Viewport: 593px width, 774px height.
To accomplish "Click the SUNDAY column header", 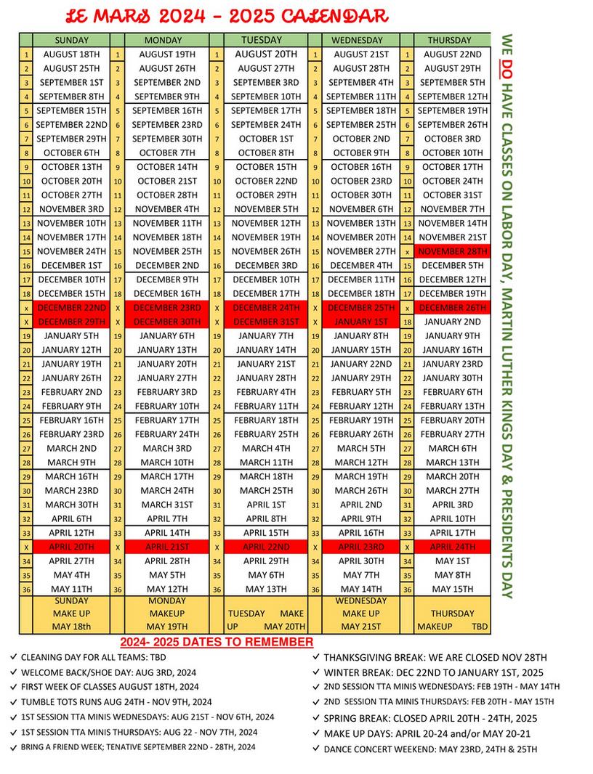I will pos(71,40).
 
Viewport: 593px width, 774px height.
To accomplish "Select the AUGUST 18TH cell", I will pos(71,54).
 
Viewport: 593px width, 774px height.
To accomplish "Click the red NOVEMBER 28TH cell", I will pos(452,251).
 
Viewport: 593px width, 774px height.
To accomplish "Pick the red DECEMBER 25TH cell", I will pos(360,308).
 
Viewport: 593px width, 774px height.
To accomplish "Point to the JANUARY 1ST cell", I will pos(360,322).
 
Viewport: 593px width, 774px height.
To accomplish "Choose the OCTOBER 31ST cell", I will pos(452,195).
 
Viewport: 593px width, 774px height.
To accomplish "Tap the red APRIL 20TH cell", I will pos(71,547).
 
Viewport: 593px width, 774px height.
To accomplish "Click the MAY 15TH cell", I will pos(452,589).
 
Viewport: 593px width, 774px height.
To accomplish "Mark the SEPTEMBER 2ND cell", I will pos(167,82).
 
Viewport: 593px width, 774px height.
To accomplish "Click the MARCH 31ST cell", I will pos(167,505).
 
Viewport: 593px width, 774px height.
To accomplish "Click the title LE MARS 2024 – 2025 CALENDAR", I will pos(227,16).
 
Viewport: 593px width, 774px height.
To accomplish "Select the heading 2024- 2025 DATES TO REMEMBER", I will pos(216,642).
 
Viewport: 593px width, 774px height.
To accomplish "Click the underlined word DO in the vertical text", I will pos(507,70).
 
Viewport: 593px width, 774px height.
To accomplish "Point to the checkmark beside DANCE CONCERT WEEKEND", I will pos(316,748).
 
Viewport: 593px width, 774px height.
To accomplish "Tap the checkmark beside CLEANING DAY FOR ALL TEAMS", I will pos(14,656).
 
